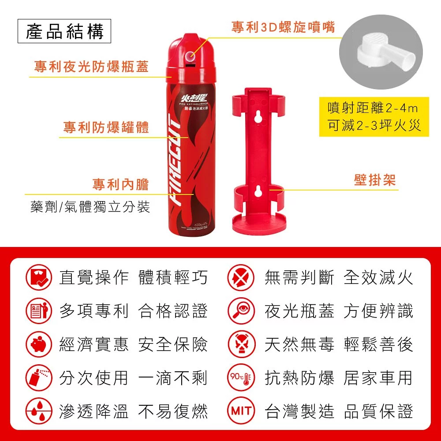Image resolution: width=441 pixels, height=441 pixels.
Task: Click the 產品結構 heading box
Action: coord(64,32)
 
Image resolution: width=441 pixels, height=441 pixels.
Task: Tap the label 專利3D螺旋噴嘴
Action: coord(283,27)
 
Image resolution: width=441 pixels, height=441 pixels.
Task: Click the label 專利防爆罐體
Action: coord(106,127)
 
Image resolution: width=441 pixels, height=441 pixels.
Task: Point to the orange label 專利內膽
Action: coord(120,184)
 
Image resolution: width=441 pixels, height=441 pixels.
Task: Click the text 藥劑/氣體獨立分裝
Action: coord(90,207)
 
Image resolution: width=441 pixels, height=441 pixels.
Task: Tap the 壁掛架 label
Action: coord(374,180)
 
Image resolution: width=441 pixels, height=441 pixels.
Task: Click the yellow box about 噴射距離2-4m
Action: coord(374,117)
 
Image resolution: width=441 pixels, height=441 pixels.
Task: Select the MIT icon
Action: coord(241,411)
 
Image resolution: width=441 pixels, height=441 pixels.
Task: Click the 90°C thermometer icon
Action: coord(241,377)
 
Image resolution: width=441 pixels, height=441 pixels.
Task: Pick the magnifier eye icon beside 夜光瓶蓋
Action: coord(241,310)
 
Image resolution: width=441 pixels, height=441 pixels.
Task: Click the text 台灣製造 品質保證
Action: coord(338,411)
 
